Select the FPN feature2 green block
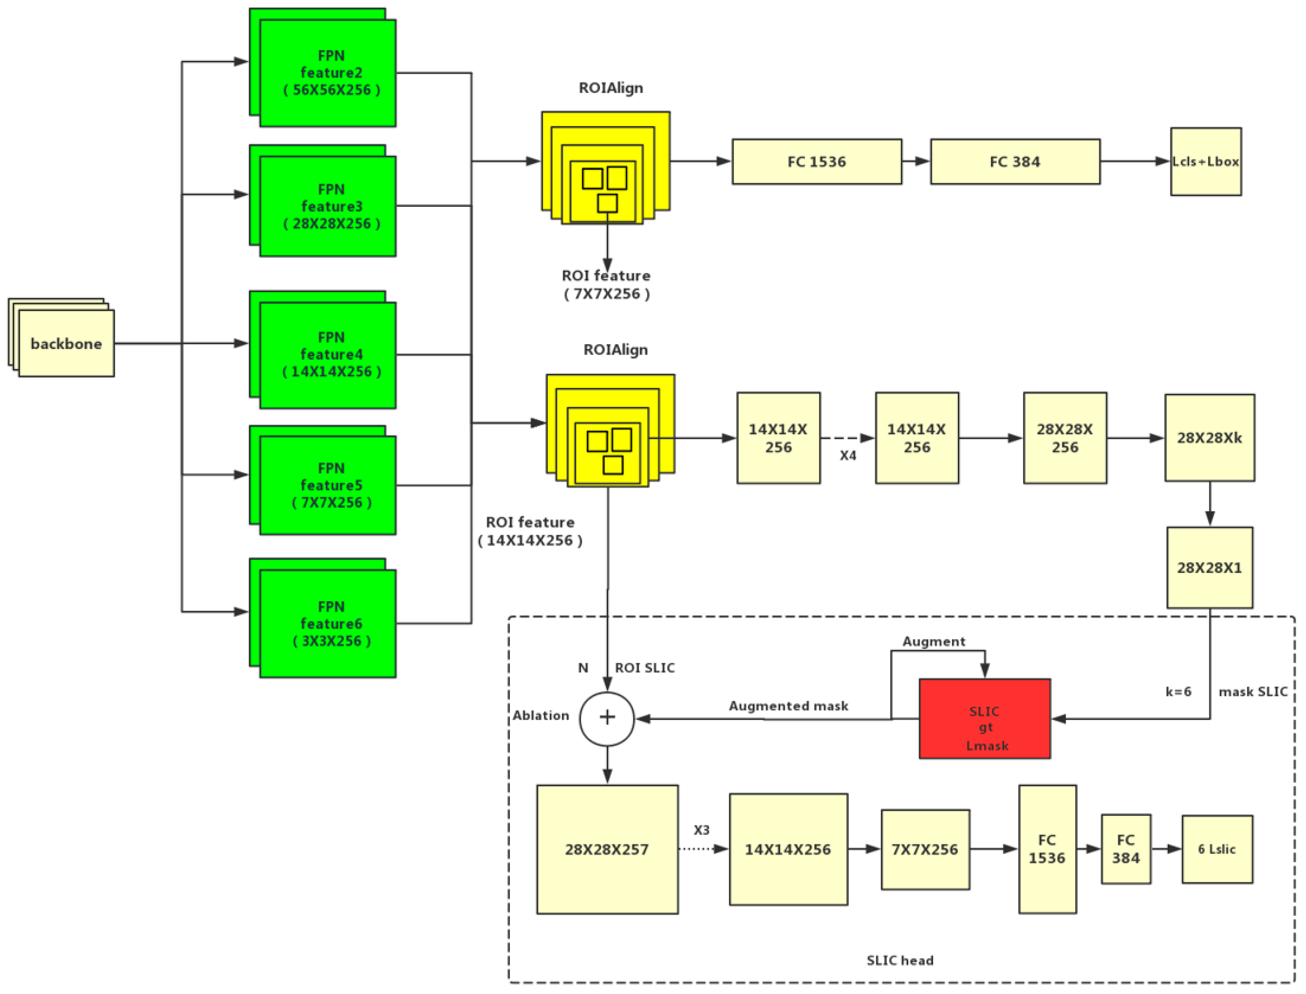[x=328, y=73]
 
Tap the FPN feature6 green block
[x=328, y=623]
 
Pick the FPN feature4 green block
[x=328, y=355]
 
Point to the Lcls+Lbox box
[x=1205, y=162]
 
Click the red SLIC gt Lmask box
[x=984, y=718]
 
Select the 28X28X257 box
[x=607, y=849]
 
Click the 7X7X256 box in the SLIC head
[x=925, y=849]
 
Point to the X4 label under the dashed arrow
[x=848, y=455]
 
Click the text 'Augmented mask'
[x=788, y=706]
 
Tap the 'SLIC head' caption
[x=900, y=960]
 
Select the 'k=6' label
[x=1178, y=692]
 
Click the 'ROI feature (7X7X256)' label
[x=606, y=285]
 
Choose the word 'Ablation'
[x=541, y=715]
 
